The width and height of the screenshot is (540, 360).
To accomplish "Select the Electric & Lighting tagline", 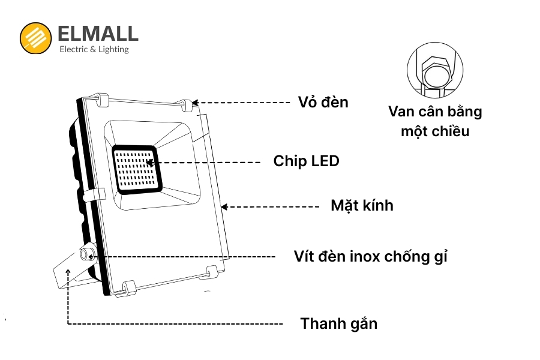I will coord(94,49).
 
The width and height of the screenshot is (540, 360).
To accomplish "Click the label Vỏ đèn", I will coord(323,102).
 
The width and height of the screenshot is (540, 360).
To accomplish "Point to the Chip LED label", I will coord(306,161).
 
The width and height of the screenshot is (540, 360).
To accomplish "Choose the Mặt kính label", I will coord(362,205).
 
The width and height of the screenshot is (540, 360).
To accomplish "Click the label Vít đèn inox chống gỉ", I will coord(371,256).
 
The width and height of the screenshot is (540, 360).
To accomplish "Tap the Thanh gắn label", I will coord(339,324).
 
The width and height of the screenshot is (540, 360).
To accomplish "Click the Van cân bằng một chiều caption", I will coord(435,121).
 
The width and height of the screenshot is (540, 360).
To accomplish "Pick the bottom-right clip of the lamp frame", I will coord(211,275).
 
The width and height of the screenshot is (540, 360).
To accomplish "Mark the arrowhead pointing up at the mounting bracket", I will coord(68,273).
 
